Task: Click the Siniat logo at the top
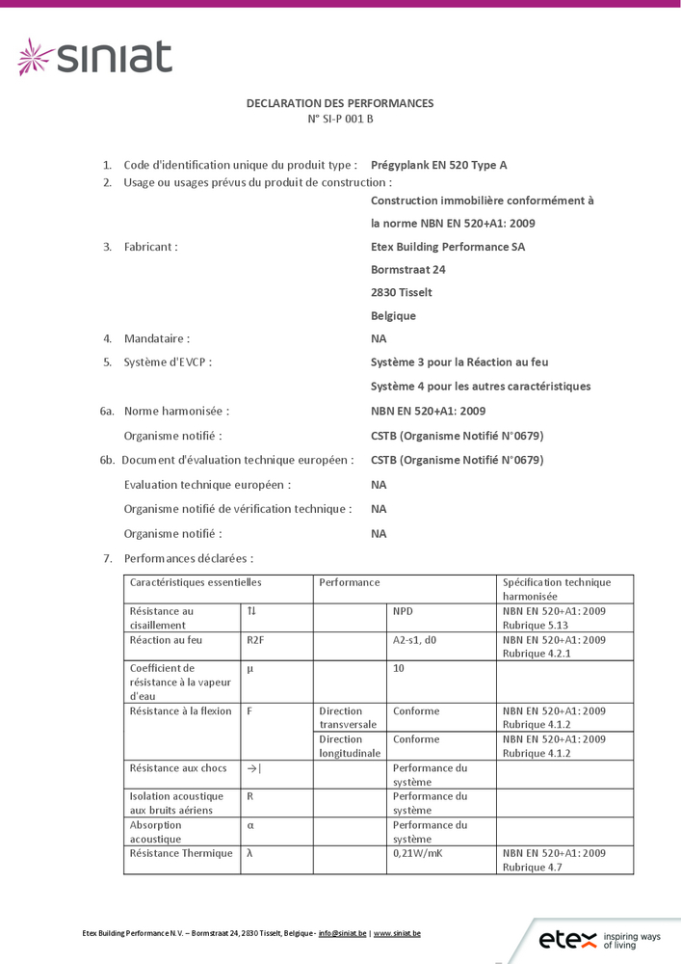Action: click(x=95, y=57)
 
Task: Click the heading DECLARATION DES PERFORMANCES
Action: click(x=340, y=103)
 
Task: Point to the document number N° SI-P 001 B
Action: click(x=340, y=120)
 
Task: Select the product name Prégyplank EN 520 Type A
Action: click(x=438, y=165)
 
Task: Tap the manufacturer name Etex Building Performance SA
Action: click(x=448, y=247)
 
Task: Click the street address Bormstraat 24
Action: click(x=408, y=270)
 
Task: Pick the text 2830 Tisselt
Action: click(x=402, y=292)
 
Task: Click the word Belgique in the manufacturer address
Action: click(x=393, y=316)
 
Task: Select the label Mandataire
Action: click(x=156, y=338)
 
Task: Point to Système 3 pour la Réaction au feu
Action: click(x=459, y=362)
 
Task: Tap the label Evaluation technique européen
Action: click(x=207, y=485)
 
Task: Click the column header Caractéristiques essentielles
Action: click(x=196, y=582)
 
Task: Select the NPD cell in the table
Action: click(x=403, y=611)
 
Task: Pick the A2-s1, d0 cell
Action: click(x=415, y=639)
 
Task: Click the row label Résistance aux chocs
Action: click(x=178, y=768)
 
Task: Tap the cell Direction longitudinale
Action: click(x=350, y=746)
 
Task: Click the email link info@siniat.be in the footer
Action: click(x=342, y=933)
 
